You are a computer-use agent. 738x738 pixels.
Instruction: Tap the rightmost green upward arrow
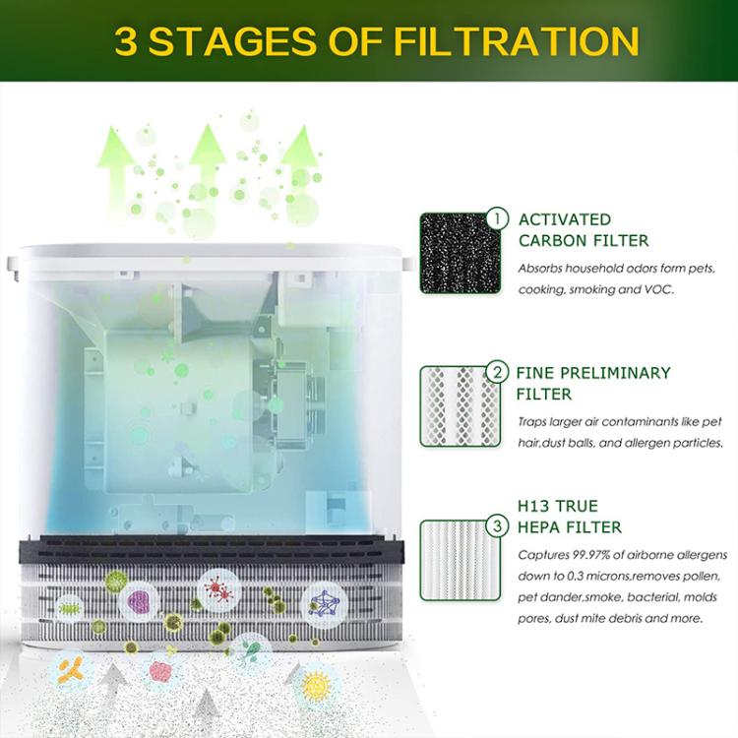click(299, 157)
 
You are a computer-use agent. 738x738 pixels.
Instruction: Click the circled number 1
click(499, 218)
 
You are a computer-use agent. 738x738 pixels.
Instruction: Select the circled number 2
click(499, 372)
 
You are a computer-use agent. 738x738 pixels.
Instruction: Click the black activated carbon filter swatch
click(454, 253)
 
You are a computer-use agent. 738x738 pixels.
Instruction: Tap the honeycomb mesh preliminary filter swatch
click(454, 406)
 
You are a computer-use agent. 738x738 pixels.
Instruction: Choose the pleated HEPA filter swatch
click(454, 560)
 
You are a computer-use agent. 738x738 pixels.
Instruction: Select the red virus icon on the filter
click(217, 589)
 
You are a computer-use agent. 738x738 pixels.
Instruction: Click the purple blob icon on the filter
click(139, 600)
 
